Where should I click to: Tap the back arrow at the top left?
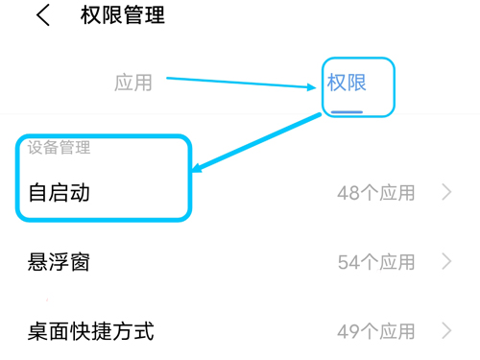click(x=42, y=15)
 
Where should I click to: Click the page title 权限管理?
click(x=123, y=15)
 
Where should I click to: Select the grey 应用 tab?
click(x=133, y=82)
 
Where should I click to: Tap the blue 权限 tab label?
click(x=347, y=82)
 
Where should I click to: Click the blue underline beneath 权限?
click(x=347, y=110)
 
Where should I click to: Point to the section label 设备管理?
click(x=59, y=148)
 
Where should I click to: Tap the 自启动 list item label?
click(x=60, y=192)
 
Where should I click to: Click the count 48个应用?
click(x=376, y=193)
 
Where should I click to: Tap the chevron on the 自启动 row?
click(x=446, y=193)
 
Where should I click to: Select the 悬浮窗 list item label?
click(x=60, y=261)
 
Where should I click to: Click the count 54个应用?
click(x=376, y=261)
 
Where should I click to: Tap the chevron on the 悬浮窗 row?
click(x=446, y=261)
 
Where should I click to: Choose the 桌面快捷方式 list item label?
click(x=91, y=331)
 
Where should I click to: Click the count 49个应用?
click(x=376, y=332)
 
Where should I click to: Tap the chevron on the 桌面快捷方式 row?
click(x=446, y=332)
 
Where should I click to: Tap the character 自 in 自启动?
click(x=38, y=192)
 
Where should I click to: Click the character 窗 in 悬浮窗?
click(x=80, y=261)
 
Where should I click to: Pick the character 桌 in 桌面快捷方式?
click(x=38, y=331)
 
